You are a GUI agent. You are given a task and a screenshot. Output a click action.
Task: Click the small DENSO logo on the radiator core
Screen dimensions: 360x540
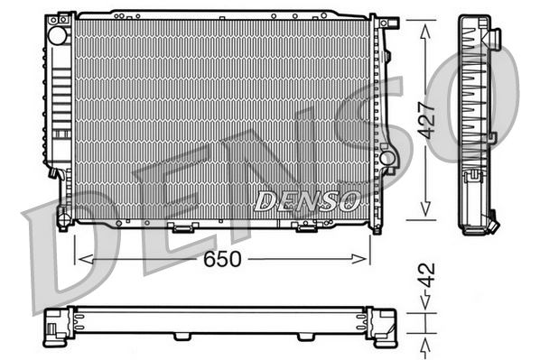click(307, 199)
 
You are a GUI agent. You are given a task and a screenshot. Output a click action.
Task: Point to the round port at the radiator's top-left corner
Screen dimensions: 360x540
click(59, 37)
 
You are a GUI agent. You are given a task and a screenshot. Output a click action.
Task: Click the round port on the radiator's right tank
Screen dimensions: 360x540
click(387, 159)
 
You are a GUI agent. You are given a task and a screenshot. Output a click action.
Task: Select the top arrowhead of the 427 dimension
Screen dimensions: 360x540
click(425, 23)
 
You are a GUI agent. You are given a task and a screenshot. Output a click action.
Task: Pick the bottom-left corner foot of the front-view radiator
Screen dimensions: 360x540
click(63, 219)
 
